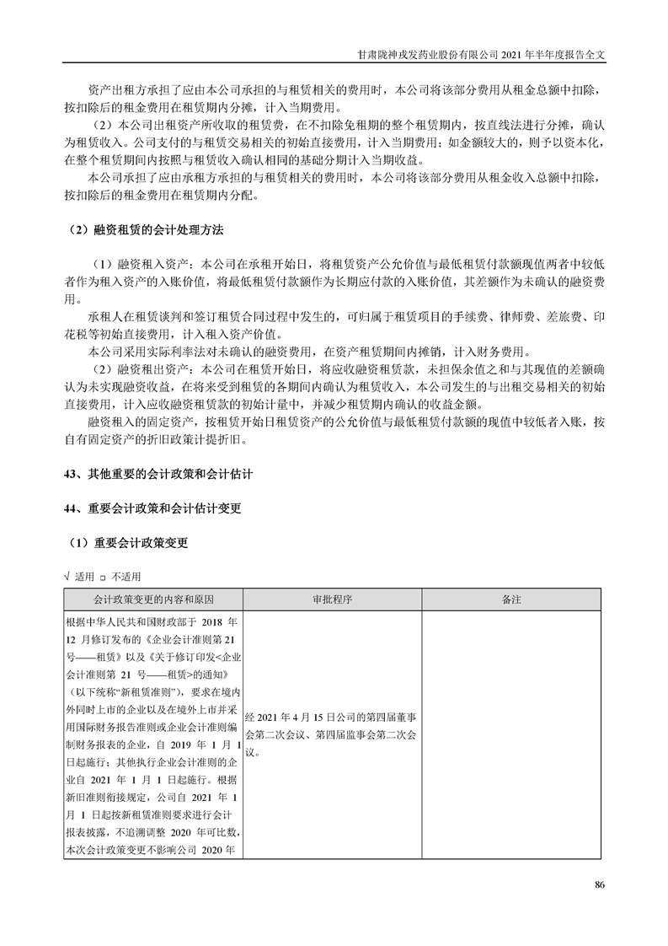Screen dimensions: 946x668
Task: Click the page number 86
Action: (x=600, y=884)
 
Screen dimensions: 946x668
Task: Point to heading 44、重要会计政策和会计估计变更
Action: (x=152, y=508)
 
